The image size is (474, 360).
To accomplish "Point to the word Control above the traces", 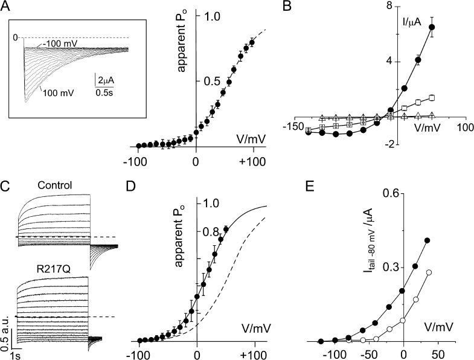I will pyautogui.click(x=54, y=185).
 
